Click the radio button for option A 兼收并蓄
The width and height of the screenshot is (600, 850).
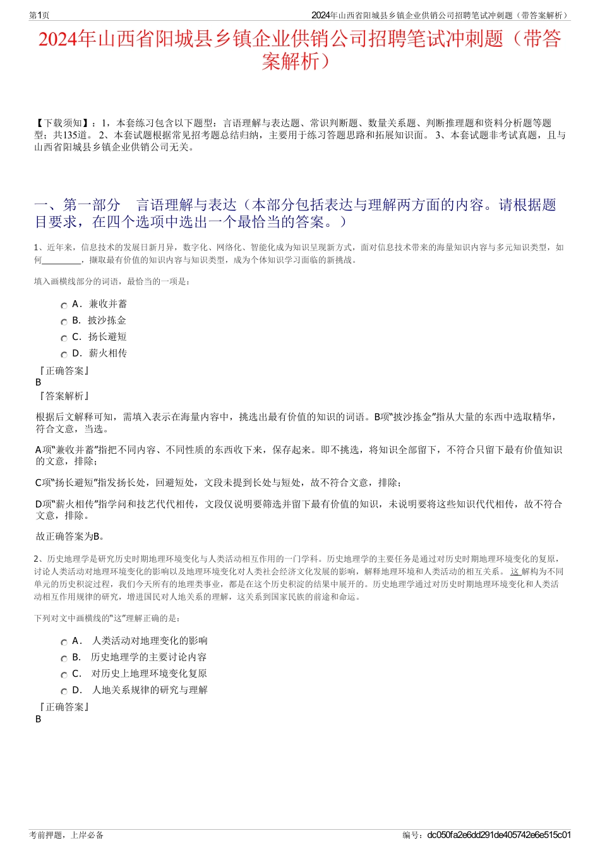pos(64,305)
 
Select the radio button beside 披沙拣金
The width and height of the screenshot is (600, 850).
pos(64,322)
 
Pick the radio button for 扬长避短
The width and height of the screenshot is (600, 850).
pos(64,338)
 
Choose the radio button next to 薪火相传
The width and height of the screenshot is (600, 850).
pos(64,355)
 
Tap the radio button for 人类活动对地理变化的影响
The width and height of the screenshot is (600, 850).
pos(64,642)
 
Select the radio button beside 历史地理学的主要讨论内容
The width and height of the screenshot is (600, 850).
pos(64,659)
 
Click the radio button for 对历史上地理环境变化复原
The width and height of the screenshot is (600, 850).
pos(64,675)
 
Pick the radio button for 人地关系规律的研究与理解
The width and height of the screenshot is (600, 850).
pos(64,691)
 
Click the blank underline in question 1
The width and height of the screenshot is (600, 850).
pos(62,260)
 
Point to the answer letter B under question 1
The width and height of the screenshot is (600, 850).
pos(39,382)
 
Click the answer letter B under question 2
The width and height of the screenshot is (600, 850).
pos(39,719)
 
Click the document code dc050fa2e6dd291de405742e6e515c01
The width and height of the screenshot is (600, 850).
pos(499,835)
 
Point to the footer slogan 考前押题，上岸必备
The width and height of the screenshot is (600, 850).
pos(66,835)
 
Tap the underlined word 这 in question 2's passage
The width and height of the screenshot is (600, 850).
pos(515,572)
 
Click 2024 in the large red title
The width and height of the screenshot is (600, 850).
pos(57,39)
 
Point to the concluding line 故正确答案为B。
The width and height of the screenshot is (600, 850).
pos(70,537)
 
